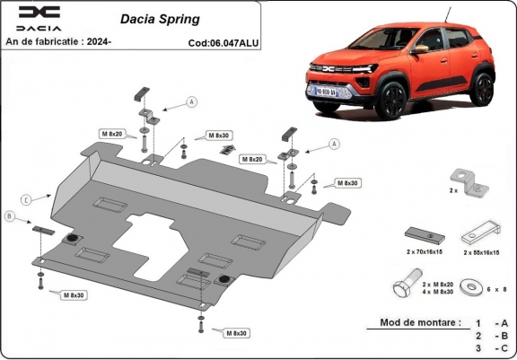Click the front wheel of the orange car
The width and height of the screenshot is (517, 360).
396,104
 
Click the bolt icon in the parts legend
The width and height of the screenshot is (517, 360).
400,289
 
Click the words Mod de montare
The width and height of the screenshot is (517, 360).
419,321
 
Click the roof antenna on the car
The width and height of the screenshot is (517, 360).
447,11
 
